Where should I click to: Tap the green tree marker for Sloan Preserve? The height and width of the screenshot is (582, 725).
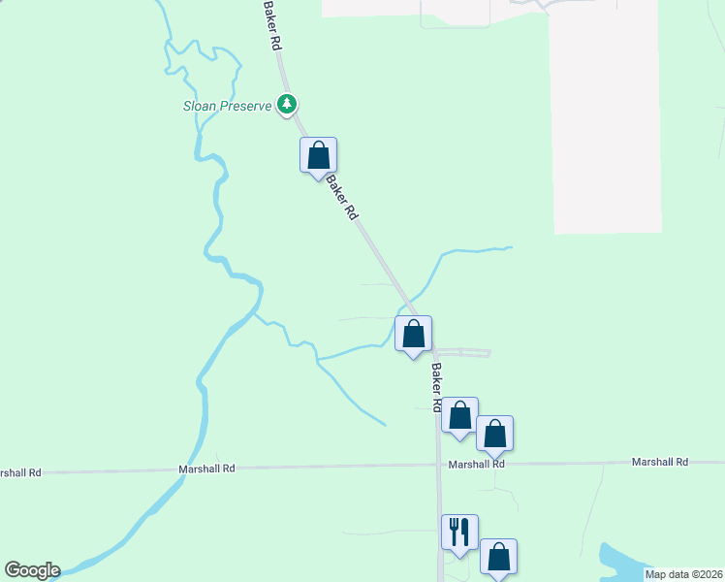(x=286, y=103)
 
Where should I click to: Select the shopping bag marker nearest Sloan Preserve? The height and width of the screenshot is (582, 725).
(x=318, y=155)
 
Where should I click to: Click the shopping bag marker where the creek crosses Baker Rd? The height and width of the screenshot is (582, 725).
(x=413, y=335)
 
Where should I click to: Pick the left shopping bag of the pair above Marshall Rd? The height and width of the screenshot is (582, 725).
(x=460, y=415)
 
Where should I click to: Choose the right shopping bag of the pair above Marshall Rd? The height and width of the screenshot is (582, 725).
(x=494, y=434)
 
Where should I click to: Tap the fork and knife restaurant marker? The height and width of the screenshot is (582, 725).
(x=459, y=533)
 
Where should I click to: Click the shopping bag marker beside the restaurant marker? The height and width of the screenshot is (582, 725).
(x=498, y=557)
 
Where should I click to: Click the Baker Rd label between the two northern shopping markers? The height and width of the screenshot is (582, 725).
(x=342, y=197)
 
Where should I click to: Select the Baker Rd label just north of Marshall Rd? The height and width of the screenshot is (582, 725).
(x=437, y=384)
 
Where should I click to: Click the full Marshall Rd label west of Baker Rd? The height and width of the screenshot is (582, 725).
(x=206, y=468)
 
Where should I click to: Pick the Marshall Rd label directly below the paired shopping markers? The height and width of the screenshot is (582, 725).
(x=476, y=465)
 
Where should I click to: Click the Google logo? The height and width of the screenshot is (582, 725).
(x=32, y=570)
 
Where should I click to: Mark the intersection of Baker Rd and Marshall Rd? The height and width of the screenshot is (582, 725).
(x=439, y=466)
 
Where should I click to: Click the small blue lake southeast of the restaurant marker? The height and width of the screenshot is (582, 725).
(x=620, y=561)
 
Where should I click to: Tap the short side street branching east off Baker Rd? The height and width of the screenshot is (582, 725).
(x=465, y=352)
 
